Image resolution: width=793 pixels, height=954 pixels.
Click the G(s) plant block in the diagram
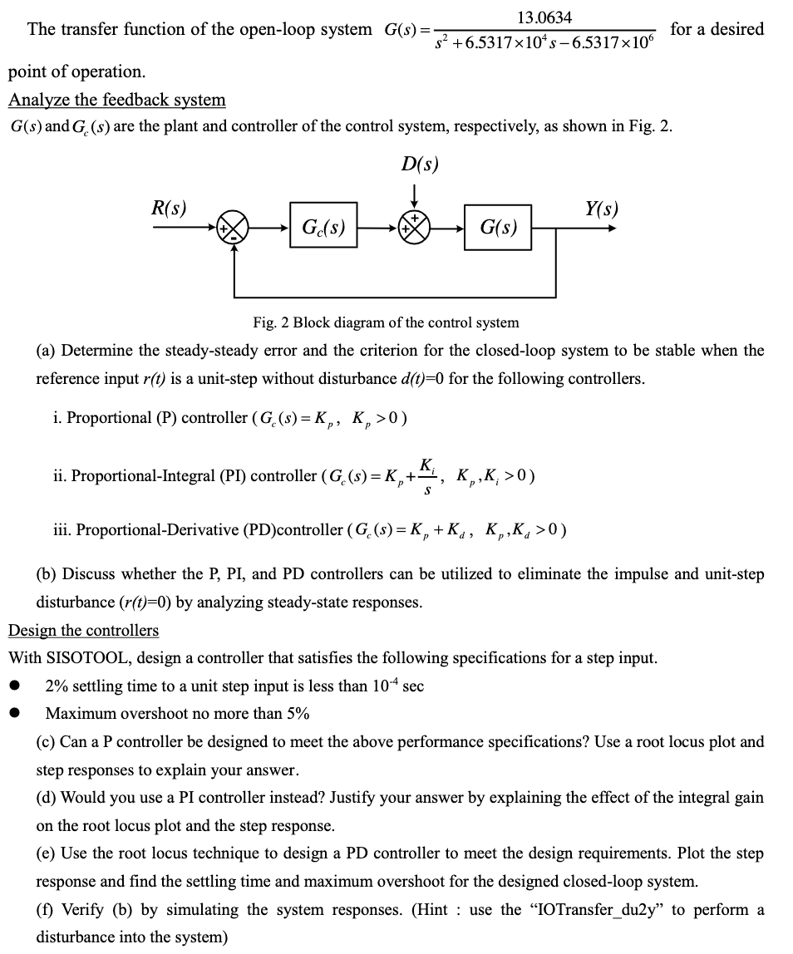[x=498, y=226]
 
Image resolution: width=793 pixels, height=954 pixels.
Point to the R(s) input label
[x=168, y=207]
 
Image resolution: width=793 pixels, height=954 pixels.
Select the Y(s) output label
[x=601, y=207]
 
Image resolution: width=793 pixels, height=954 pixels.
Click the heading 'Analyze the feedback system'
[x=116, y=100]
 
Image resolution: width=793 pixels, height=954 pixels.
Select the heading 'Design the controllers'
[x=83, y=630]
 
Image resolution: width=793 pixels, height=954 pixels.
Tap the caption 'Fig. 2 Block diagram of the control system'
[x=386, y=322]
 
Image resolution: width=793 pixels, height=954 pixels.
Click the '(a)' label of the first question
[x=46, y=351]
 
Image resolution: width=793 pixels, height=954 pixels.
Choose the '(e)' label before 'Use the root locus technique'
[x=46, y=853]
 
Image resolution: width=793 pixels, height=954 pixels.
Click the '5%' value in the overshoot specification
[x=298, y=713]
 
